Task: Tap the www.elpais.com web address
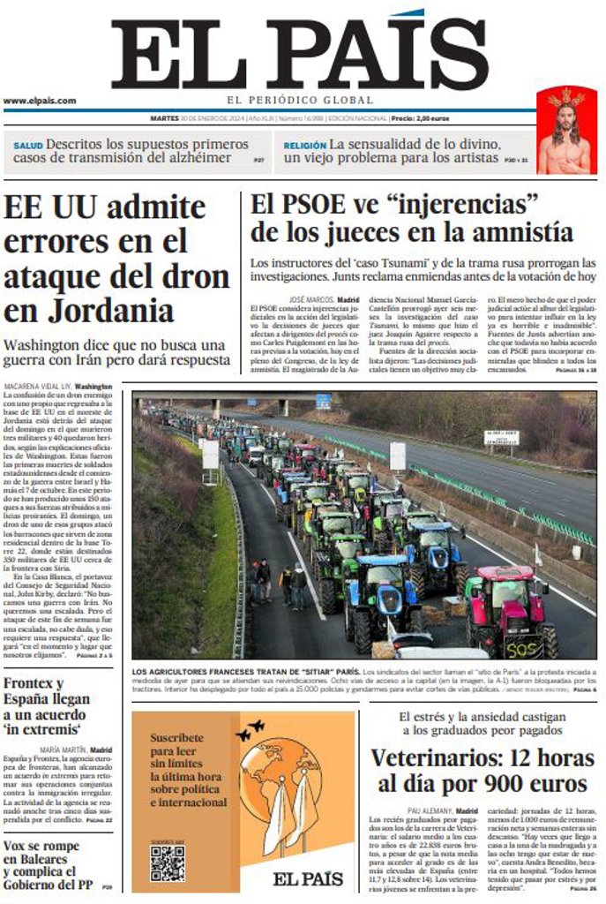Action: tap(40, 101)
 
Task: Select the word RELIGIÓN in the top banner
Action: tap(305, 145)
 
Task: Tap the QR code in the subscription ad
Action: tap(167, 863)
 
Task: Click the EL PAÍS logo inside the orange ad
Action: tap(307, 878)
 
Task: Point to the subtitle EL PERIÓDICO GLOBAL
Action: tap(299, 101)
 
